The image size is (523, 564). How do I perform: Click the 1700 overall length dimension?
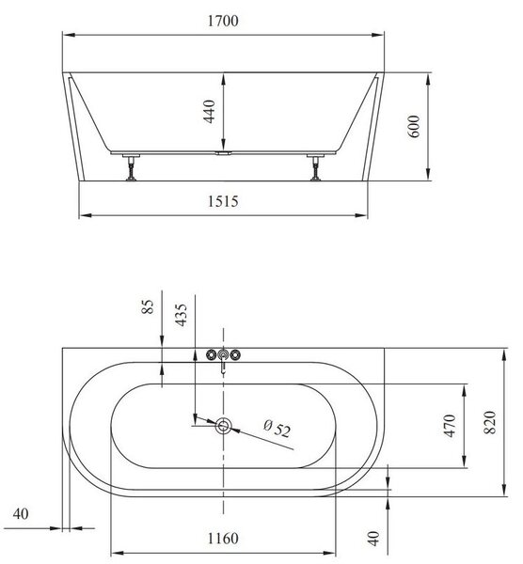click(223, 21)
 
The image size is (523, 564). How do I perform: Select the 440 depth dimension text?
click(210, 112)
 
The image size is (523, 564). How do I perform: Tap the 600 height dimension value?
click(414, 126)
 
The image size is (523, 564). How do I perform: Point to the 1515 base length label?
click(223, 201)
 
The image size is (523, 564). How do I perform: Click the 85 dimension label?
click(148, 306)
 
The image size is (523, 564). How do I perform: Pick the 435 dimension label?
click(181, 315)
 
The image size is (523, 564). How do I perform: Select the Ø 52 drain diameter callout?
click(277, 428)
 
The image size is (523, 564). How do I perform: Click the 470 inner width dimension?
click(450, 426)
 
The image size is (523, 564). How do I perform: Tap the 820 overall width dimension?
click(490, 422)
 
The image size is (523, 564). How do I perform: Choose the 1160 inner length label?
click(223, 539)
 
